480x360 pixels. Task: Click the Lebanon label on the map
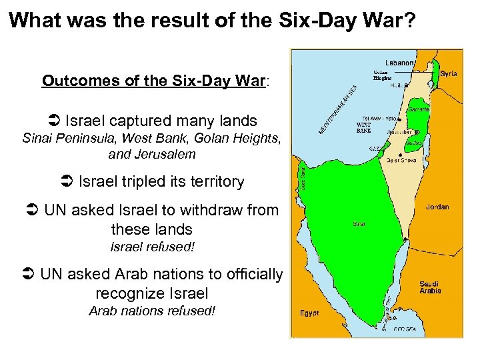399,63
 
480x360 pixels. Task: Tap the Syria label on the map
449,74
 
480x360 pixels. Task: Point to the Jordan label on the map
437,207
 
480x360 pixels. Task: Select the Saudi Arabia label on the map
430,287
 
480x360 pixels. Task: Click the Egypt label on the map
309,313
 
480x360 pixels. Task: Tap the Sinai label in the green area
359,224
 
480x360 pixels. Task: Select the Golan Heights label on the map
382,75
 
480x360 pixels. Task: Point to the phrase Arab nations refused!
152,311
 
